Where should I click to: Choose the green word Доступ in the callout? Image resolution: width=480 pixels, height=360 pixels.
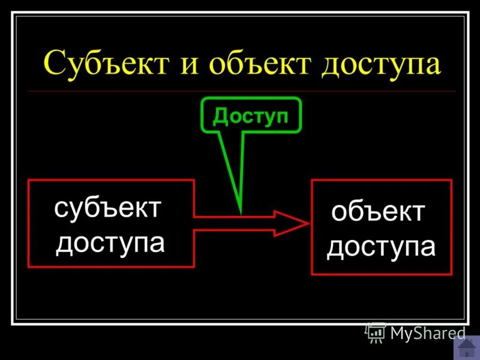tap(251, 116)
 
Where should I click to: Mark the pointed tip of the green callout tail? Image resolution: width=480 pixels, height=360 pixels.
tap(241, 213)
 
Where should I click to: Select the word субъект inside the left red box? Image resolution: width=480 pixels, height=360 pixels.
tap(108, 208)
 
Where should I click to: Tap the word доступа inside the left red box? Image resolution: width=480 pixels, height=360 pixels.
tap(110, 242)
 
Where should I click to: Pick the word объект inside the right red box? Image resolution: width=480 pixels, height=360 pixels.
tap(379, 212)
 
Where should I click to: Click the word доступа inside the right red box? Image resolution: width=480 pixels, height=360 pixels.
tap(381, 247)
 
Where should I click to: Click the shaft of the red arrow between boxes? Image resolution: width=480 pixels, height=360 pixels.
tap(234, 223)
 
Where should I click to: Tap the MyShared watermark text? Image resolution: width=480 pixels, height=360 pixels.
tap(428, 333)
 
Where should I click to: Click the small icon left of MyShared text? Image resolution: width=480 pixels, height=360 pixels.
tap(376, 332)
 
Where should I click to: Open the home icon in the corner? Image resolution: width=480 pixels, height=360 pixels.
tap(467, 347)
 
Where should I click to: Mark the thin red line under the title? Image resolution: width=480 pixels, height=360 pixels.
tap(240, 91)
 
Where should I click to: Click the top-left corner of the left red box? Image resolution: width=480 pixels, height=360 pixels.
tap(28, 180)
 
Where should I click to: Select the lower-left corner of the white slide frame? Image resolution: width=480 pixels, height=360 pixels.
tap(13, 323)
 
